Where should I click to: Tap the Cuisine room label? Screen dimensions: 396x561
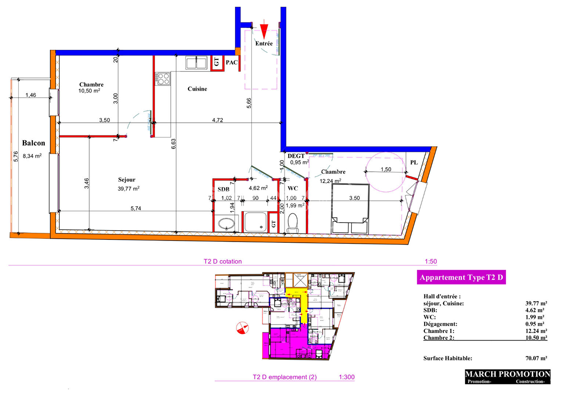point(197,89)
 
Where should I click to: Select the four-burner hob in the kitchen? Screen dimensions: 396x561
point(163,78)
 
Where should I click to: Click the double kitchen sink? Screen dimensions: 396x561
point(196,63)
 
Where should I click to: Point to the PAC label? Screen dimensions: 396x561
point(231,62)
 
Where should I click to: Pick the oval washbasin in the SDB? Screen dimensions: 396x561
point(226,223)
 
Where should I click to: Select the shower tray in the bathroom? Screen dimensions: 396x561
point(255,222)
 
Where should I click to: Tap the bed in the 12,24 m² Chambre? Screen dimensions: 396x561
point(350,209)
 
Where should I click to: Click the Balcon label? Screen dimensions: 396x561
point(33,143)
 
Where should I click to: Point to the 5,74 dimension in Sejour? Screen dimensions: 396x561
point(136,208)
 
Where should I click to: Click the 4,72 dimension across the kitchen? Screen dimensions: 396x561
point(217,120)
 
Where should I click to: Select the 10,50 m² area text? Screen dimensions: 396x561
point(89,91)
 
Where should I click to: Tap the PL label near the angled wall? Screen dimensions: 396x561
point(414,162)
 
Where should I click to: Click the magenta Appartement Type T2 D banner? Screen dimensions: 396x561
point(461,277)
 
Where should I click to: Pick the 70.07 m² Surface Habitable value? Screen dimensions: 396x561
point(536,358)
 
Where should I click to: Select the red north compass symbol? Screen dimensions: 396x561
point(242,328)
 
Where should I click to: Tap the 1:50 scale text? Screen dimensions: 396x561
point(431,261)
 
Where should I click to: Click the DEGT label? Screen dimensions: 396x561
point(296,156)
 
